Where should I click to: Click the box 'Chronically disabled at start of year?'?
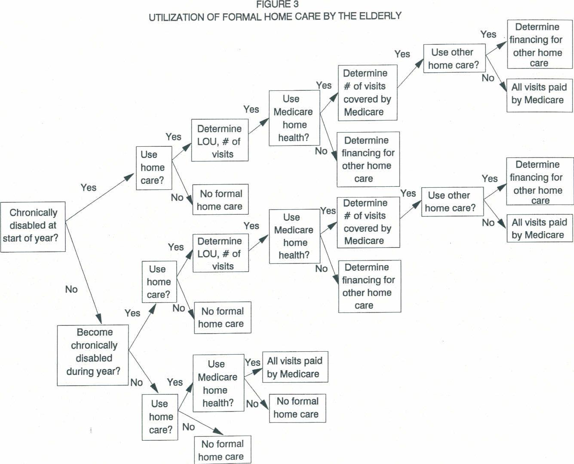33,226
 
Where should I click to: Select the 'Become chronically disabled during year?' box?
93,355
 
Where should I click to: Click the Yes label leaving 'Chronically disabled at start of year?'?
88,188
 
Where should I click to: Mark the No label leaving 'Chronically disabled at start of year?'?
71,289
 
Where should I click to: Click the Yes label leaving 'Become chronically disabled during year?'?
132,313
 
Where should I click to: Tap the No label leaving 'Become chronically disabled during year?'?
136,382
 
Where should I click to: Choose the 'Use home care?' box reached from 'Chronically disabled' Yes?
153,167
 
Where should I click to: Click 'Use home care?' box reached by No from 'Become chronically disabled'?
160,416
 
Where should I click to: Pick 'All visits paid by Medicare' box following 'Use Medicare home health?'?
295,367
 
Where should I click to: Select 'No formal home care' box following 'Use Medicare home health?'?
297,408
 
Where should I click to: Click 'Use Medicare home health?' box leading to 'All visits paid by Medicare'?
218,383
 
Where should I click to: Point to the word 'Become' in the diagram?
95,332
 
